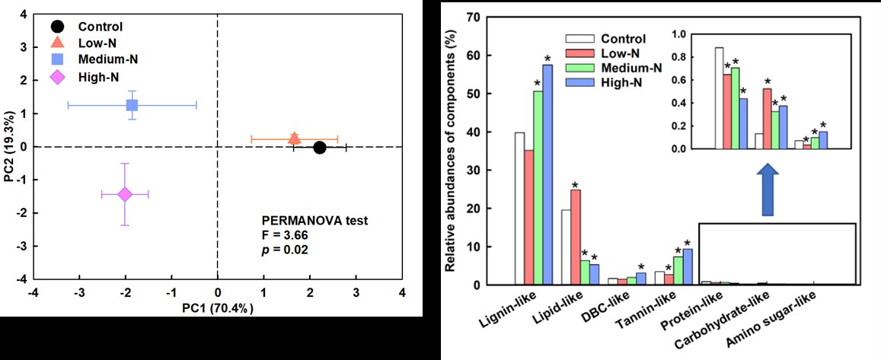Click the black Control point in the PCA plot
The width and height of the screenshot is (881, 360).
(x=319, y=147)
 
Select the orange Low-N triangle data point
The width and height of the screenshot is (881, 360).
(x=295, y=138)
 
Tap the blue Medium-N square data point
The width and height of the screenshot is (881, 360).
(x=132, y=105)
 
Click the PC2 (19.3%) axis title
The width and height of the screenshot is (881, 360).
(x=9, y=147)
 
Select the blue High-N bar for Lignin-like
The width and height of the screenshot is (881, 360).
(x=547, y=175)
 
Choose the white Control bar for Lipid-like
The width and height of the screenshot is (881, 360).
(x=566, y=247)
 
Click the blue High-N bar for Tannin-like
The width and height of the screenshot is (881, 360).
(x=687, y=267)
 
